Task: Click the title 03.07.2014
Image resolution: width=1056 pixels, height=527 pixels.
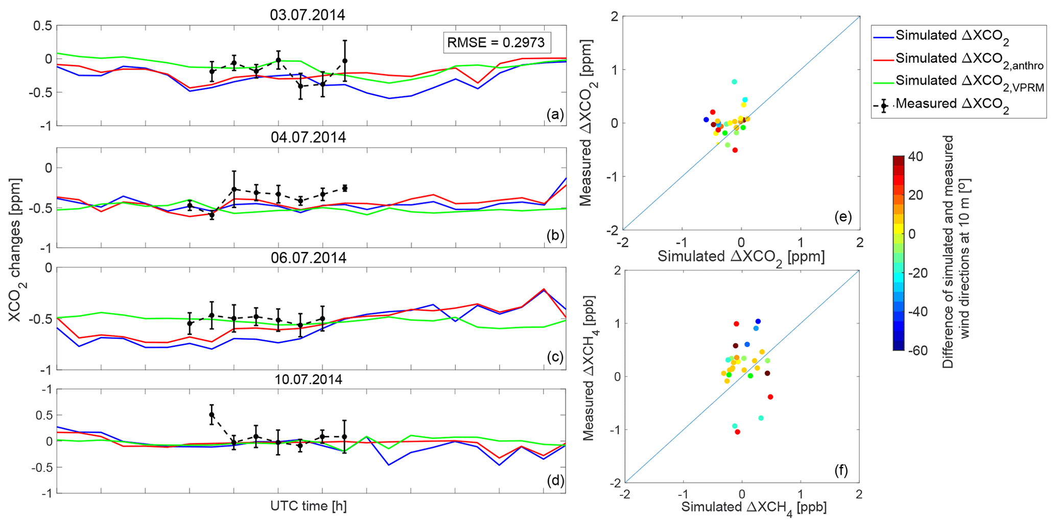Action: pos(308,15)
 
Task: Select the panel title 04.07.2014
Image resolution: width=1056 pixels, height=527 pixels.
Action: pos(308,138)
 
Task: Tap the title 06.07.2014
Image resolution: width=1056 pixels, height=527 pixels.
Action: pos(309,258)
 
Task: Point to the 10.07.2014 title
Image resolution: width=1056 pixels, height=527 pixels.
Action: pos(309,380)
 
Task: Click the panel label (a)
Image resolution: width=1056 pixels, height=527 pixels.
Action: pos(555,114)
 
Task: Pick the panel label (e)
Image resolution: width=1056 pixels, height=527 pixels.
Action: pos(843,217)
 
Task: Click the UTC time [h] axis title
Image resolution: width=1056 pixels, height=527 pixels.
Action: pos(309,507)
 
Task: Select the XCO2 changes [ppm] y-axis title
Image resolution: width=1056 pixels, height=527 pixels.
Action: pos(15,250)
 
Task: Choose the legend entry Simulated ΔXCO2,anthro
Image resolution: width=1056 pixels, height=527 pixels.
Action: pos(969,59)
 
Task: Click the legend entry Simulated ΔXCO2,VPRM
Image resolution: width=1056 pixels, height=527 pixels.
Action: pos(969,82)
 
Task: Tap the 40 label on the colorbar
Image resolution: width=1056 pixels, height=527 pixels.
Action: pos(916,157)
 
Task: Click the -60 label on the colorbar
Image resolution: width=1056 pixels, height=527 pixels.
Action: pos(918,351)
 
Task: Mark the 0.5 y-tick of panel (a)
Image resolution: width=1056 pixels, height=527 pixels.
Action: pos(43,26)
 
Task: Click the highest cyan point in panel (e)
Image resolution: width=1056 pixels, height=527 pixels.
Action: pos(734,82)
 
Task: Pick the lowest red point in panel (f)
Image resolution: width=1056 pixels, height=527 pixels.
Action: pos(738,432)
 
